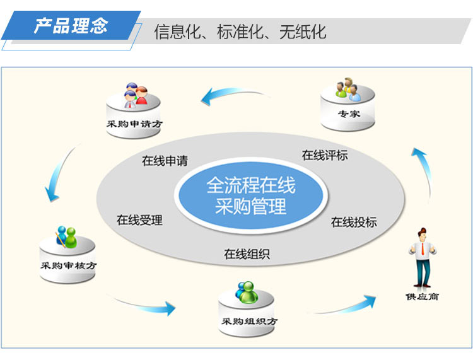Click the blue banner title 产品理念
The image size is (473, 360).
tap(71, 26)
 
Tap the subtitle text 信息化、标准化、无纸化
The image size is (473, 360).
tap(240, 32)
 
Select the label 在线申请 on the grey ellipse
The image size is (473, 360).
tap(165, 161)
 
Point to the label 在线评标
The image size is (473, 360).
tap(325, 155)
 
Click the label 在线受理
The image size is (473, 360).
tap(139, 220)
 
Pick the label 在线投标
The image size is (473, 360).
tap(354, 222)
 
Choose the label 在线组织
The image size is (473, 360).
tap(247, 254)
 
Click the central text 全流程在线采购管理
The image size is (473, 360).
tap(250, 196)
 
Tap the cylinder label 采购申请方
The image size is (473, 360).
tap(134, 124)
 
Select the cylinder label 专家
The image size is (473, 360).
tap(349, 113)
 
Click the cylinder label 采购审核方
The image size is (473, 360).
tap(69, 265)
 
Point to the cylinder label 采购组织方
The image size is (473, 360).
tap(250, 322)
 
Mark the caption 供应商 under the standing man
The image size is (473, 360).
tap(422, 297)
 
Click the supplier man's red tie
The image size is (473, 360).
tap(423, 248)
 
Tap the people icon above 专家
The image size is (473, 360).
tap(348, 90)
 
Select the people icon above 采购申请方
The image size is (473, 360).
tap(136, 95)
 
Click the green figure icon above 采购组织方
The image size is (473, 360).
tap(247, 292)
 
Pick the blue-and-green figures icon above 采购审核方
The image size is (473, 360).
tap(66, 236)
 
